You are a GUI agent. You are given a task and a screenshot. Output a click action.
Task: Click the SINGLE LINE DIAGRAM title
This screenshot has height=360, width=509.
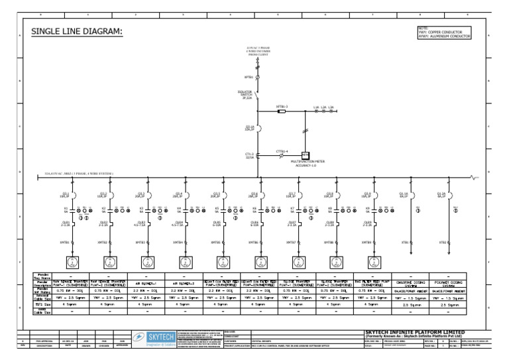click(76, 33)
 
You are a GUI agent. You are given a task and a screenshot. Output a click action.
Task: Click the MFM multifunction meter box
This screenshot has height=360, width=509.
click(306, 154)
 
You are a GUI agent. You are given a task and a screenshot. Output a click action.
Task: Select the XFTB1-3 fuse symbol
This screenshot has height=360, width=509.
click(282, 111)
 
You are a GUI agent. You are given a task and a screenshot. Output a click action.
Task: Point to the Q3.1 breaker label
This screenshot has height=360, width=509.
click(65, 195)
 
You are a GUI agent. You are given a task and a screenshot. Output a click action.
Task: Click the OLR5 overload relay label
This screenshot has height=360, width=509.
click(216, 223)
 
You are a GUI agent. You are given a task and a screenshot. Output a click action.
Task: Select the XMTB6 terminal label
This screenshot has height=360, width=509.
click(254, 243)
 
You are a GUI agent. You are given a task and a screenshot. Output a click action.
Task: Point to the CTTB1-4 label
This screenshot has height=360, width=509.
click(281, 151)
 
